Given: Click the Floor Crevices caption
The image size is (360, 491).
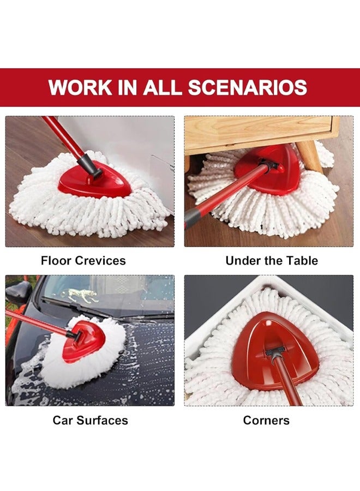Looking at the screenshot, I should [83, 261].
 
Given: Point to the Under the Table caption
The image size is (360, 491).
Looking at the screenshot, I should [272, 261].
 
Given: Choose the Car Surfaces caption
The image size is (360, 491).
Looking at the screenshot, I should [91, 420].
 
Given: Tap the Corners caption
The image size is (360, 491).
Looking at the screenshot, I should [266, 420].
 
